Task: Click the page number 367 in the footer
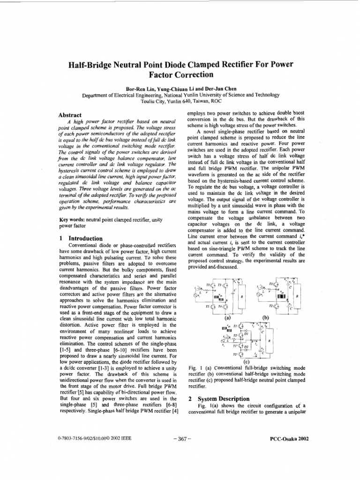180,439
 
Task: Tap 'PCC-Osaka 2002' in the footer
287,439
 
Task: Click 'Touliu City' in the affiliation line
154,101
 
